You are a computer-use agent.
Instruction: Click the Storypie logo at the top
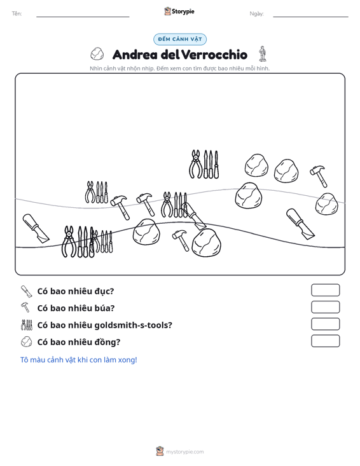pyautogui.click(x=179, y=11)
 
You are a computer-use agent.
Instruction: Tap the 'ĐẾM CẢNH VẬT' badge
pyautogui.click(x=180, y=39)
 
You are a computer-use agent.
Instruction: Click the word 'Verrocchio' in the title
pyautogui.click(x=214, y=55)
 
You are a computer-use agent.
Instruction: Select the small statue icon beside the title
pyautogui.click(x=262, y=53)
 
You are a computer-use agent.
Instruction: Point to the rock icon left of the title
pyautogui.click(x=97, y=54)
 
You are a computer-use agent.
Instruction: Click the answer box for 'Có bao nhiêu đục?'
pyautogui.click(x=325, y=290)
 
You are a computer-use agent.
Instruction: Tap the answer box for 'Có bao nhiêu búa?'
pyautogui.click(x=325, y=307)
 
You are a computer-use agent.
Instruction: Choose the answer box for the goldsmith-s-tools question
pyautogui.click(x=325, y=324)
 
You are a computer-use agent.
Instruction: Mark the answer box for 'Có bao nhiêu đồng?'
pyautogui.click(x=325, y=341)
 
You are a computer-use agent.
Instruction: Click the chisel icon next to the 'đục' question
pyautogui.click(x=26, y=291)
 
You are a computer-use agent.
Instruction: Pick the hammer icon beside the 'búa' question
pyautogui.click(x=25, y=308)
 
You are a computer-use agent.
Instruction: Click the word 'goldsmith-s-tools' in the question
pyautogui.click(x=133, y=325)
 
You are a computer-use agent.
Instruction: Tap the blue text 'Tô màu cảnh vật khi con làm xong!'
pyautogui.click(x=79, y=360)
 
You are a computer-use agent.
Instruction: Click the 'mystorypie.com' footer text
pyautogui.click(x=185, y=452)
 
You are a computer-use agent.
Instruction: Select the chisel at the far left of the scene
pyautogui.click(x=36, y=228)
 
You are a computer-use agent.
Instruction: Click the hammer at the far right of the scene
pyautogui.click(x=319, y=176)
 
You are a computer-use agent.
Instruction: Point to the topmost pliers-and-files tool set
pyautogui.click(x=204, y=165)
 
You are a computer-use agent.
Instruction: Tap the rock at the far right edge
pyautogui.click(x=326, y=204)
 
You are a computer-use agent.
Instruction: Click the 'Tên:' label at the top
pyautogui.click(x=17, y=14)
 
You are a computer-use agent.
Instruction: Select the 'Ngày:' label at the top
pyautogui.click(x=256, y=14)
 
